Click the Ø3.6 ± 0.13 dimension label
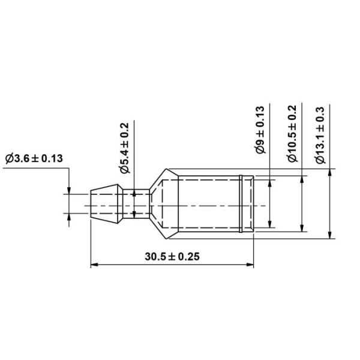point(34,158)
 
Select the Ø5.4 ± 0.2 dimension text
point(124,148)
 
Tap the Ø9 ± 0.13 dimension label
point(260,131)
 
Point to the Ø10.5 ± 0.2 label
point(292,134)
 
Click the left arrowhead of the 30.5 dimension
point(93,265)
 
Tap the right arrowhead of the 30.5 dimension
point(250,265)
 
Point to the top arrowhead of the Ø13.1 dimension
point(330,172)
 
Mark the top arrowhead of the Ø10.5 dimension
point(301,179)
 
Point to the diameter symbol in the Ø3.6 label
point(8,158)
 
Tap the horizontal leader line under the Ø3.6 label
point(36,169)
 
